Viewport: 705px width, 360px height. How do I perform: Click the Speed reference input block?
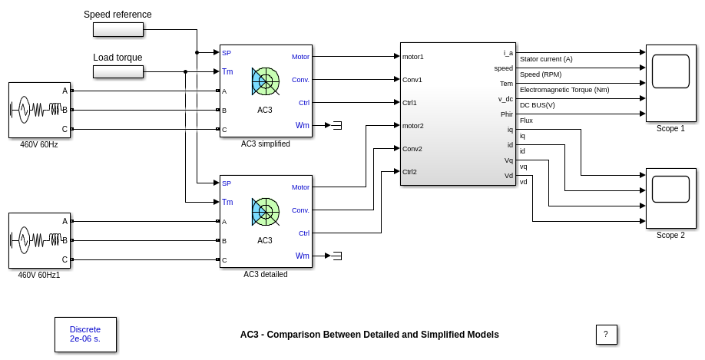point(118,29)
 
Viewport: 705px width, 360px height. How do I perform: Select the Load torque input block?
point(118,71)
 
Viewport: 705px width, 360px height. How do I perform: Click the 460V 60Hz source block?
point(39,110)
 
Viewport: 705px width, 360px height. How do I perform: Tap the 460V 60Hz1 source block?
point(39,240)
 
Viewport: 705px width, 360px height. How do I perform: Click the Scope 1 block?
point(670,83)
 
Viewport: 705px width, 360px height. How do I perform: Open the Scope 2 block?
point(670,198)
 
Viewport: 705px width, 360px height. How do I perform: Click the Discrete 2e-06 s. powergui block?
point(85,334)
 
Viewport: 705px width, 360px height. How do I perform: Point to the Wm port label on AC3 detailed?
point(303,256)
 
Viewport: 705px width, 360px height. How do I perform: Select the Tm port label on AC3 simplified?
point(227,71)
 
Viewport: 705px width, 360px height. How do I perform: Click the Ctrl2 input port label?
point(409,171)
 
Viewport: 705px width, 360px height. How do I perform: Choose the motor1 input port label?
point(412,56)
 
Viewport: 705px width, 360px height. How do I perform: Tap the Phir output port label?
point(506,114)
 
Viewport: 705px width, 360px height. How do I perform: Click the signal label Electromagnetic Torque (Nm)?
point(564,90)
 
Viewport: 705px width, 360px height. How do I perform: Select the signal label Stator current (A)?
point(546,59)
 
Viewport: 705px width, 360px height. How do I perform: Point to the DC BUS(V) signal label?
point(537,105)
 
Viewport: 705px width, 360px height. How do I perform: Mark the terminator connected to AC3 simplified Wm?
point(336,125)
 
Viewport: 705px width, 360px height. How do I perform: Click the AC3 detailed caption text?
point(265,274)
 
